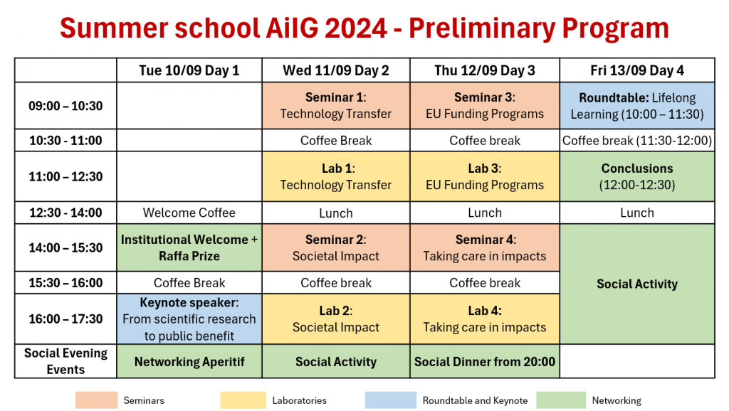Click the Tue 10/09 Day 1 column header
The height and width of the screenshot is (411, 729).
coord(189,70)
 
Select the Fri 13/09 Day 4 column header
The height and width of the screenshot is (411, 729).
coord(637,70)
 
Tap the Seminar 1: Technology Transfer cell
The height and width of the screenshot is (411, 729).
coord(336,105)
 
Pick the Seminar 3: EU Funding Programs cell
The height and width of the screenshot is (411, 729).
coord(484,105)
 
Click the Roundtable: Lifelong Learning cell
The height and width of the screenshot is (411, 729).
coord(637,105)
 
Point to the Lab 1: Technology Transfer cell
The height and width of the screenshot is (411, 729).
coord(336,176)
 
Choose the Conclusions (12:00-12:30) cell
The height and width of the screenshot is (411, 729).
coord(637,176)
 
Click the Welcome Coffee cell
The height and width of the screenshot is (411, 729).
coord(189,213)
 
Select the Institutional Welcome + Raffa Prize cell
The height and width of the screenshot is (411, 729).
coord(189,247)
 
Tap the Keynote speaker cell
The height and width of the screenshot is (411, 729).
coord(189,319)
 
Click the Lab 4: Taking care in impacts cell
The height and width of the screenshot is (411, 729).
coord(484,319)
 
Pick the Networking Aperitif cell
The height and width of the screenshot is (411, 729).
coord(189,361)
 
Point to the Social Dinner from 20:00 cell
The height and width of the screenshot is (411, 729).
coord(484,361)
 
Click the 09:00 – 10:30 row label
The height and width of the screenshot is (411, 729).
coord(65,105)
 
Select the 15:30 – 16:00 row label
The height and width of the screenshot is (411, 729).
coord(65,282)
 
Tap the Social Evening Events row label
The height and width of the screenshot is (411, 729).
coord(65,361)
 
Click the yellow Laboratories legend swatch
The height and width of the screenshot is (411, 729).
coord(243,400)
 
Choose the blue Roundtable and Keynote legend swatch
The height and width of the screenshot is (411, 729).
coord(391,400)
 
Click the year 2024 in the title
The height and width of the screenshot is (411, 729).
coord(356,28)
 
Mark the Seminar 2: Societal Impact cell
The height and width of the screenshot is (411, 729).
coord(336,247)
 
